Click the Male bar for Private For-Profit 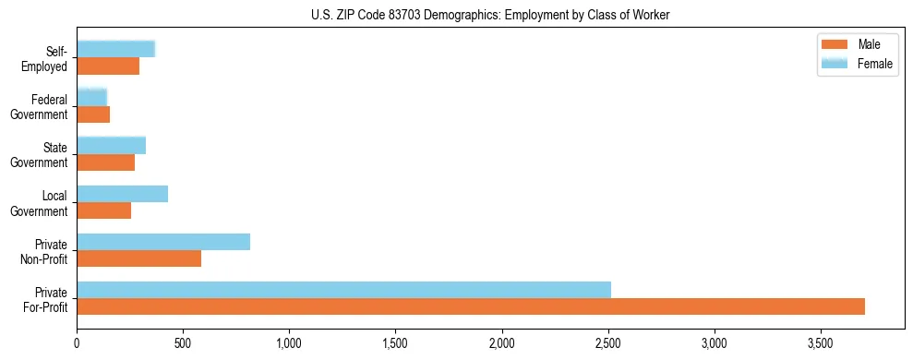(x=471, y=306)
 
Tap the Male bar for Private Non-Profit (x=138, y=258)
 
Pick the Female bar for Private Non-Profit (x=163, y=242)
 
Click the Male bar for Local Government (x=103, y=210)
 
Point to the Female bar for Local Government (x=122, y=194)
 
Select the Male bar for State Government (x=105, y=162)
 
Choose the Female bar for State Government (x=111, y=146)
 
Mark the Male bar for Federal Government (x=93, y=114)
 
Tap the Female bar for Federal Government (x=91, y=98)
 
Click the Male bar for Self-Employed (x=108, y=66)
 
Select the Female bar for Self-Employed (x=115, y=50)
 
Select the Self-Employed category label (x=49, y=58)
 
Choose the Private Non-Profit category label (x=49, y=250)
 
